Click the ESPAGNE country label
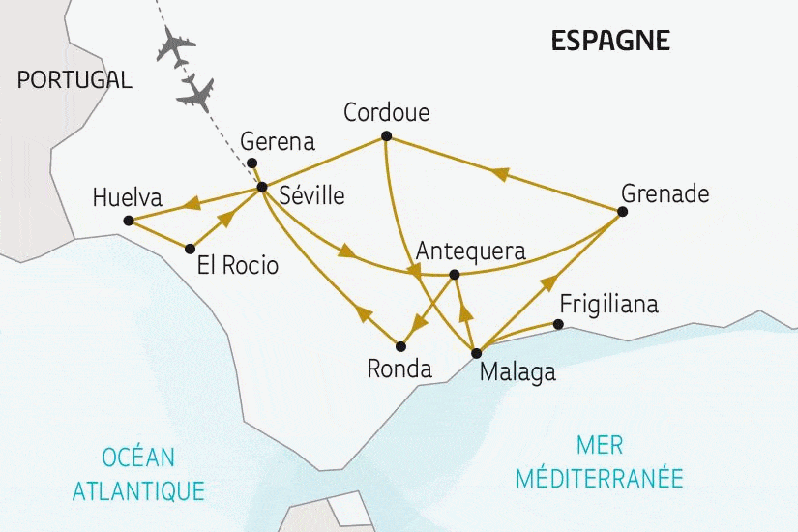(x=609, y=41)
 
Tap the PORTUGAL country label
(x=74, y=80)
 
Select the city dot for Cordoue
(x=386, y=135)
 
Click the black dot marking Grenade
(x=622, y=211)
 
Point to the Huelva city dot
(x=128, y=222)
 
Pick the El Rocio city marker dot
(x=190, y=249)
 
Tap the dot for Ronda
(x=399, y=345)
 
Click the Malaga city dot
(x=475, y=353)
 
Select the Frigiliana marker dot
(x=558, y=324)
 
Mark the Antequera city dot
(x=455, y=274)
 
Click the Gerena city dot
(x=251, y=163)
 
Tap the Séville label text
(x=310, y=195)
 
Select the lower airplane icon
(x=196, y=92)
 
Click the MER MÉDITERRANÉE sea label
(x=599, y=461)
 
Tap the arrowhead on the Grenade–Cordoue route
(x=499, y=173)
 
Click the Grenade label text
(x=665, y=193)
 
